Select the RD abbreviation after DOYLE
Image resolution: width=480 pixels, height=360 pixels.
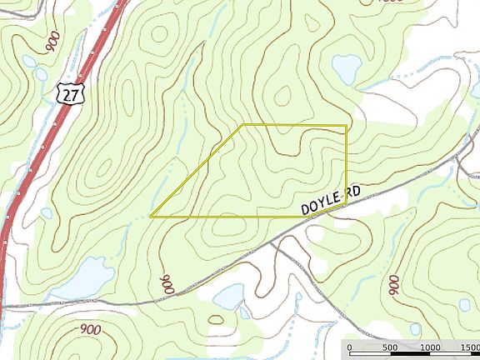point(352,191)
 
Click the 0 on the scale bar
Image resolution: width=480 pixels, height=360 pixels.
point(350,347)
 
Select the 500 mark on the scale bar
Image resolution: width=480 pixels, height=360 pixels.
point(389,347)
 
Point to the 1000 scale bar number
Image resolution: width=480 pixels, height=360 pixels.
point(429,347)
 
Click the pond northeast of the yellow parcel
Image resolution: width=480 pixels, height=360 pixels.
point(344,67)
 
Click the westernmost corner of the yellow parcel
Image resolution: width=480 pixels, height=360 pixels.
point(151,216)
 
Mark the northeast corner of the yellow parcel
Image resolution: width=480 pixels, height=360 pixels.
point(346,126)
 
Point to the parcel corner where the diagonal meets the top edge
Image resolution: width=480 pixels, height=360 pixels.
point(242,126)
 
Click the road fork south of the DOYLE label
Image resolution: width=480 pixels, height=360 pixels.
point(272,242)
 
